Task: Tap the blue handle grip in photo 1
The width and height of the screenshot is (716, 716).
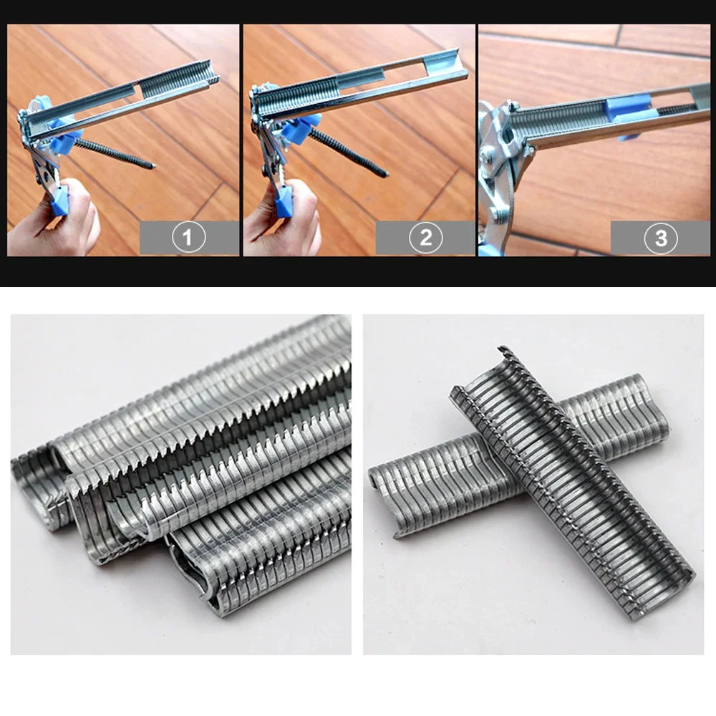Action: click(59, 200)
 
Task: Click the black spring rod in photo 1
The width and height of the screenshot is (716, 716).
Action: click(115, 153)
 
